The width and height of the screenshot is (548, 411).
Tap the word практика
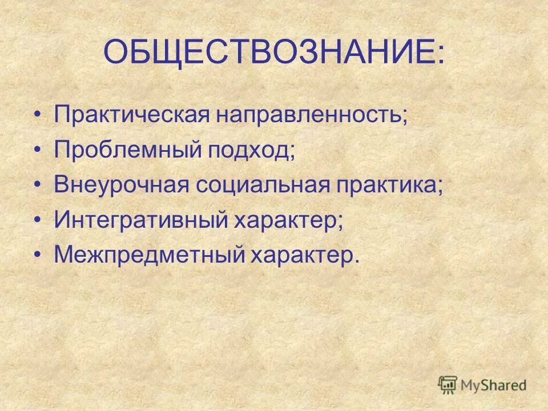[x=394, y=185]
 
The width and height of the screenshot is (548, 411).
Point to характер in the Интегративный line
[x=291, y=219]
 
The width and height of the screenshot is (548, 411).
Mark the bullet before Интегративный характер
[x=38, y=220]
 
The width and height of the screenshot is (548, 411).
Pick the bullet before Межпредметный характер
[x=38, y=254]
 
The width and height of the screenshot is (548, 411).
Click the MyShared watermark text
[x=494, y=385]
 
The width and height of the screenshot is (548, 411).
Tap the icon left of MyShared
[x=448, y=385]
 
